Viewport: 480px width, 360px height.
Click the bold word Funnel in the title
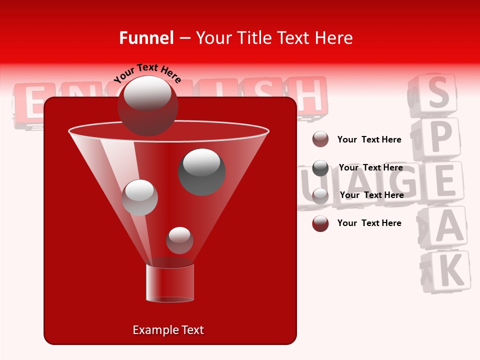146,38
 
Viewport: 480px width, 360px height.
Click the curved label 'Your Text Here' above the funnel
147,73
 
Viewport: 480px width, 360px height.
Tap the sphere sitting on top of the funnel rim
147,105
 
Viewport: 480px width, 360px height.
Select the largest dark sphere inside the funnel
201,171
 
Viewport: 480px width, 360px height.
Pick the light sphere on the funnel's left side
139,197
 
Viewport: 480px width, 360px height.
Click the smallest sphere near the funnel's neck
179,240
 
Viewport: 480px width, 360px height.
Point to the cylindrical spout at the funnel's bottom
169,283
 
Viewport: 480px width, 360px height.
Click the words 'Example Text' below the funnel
168,330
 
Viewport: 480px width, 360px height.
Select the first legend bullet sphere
320,139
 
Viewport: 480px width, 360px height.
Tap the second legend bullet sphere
320,168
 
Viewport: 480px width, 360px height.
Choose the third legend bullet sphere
320,195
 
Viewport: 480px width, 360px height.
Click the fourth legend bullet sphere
320,223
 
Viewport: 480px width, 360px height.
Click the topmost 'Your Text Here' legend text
369,139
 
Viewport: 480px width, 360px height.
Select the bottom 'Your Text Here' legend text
369,223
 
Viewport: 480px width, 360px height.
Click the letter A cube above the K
446,228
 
